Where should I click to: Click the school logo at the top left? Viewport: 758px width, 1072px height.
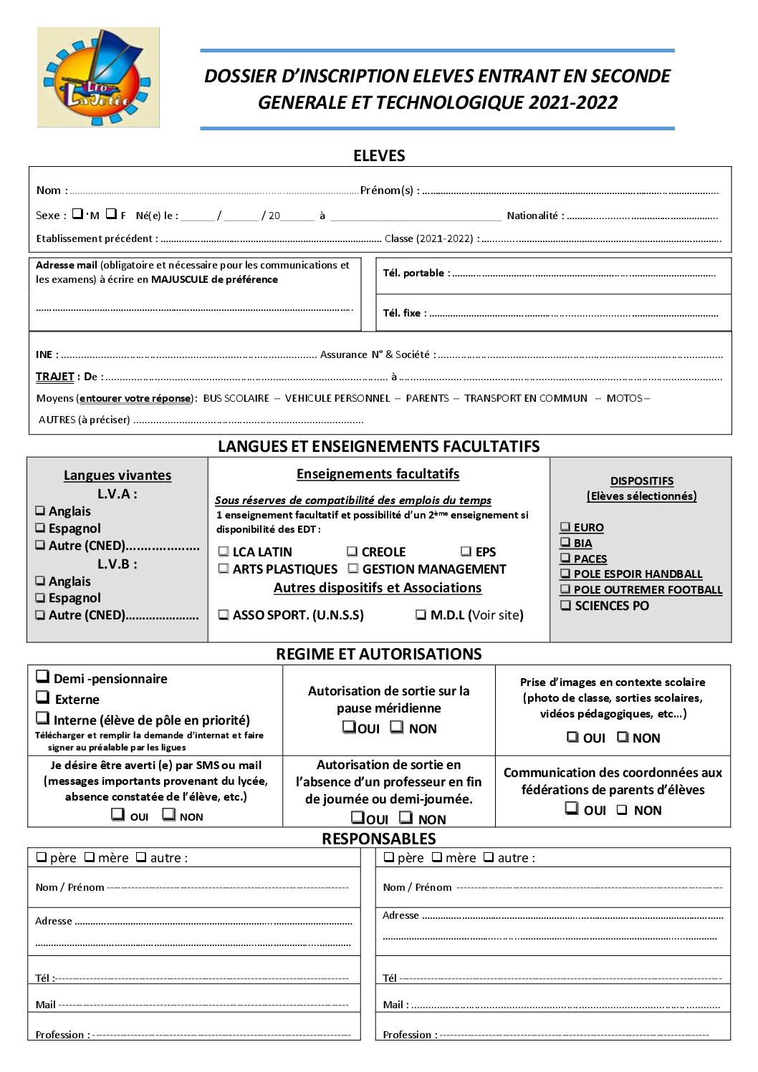(98, 77)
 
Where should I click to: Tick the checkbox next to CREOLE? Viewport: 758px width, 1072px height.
(352, 551)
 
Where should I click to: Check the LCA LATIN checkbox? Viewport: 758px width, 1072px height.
(224, 551)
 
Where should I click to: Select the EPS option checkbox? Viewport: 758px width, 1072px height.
(466, 551)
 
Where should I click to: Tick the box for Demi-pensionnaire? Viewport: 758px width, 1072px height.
(43, 676)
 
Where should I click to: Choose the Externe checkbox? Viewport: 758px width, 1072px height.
(43, 697)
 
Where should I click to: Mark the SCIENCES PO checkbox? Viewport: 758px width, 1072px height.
(566, 605)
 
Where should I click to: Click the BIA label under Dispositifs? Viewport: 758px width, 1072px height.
(582, 544)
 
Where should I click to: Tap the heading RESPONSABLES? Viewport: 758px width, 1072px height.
(378, 839)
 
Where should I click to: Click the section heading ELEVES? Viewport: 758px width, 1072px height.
(379, 155)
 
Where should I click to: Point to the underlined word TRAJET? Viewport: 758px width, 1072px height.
(54, 377)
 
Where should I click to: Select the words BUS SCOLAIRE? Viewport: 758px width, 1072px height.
(236, 398)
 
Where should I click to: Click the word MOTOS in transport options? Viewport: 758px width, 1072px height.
(624, 398)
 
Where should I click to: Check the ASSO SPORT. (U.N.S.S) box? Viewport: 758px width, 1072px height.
(224, 614)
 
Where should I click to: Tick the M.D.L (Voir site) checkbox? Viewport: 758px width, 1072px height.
(421, 614)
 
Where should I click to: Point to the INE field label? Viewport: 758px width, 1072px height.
(44, 354)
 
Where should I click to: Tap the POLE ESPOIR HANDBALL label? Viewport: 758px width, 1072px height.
(638, 574)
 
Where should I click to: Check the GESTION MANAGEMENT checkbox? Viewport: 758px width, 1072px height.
(353, 569)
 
